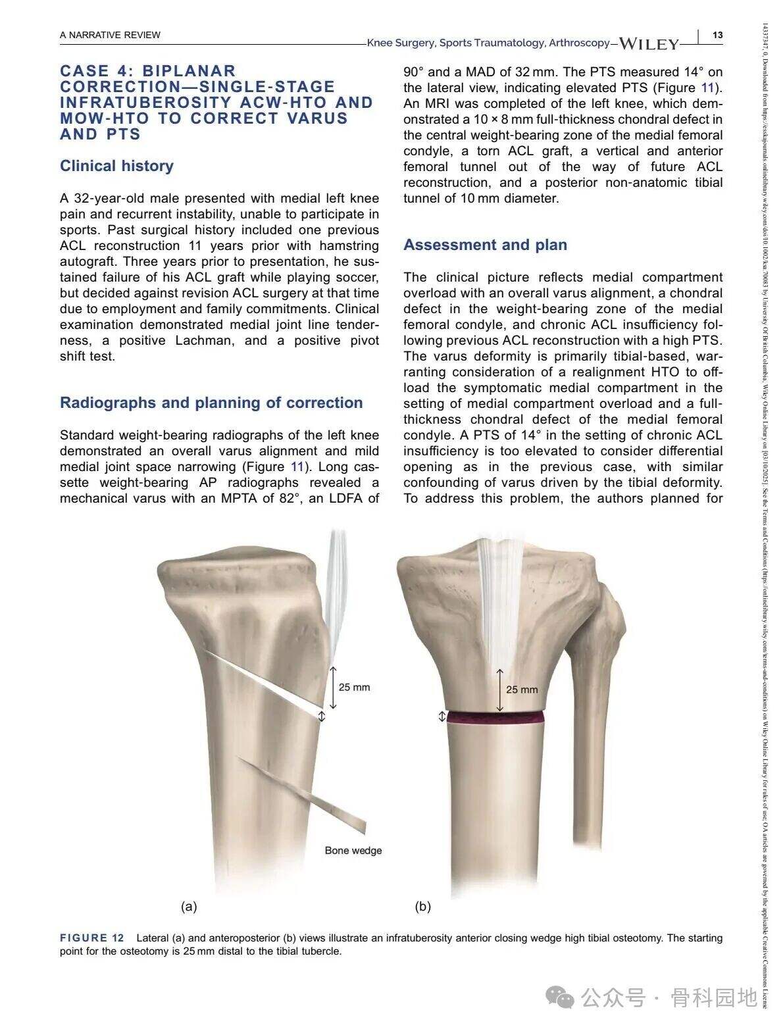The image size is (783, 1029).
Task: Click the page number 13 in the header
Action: (x=717, y=35)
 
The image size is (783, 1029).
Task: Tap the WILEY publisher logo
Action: (x=649, y=44)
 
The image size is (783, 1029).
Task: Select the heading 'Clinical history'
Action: (x=116, y=166)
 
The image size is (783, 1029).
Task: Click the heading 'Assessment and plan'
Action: (x=485, y=245)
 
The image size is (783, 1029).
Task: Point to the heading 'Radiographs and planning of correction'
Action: (x=211, y=403)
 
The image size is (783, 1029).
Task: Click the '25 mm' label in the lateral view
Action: (x=354, y=688)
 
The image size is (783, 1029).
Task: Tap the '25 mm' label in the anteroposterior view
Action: (x=522, y=690)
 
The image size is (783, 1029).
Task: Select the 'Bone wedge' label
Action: (x=353, y=851)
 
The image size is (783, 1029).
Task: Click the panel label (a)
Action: (x=189, y=907)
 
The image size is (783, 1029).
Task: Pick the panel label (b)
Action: (x=422, y=907)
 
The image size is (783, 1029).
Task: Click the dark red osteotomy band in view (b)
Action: (x=496, y=716)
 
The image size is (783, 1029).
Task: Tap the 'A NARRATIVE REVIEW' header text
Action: (x=110, y=35)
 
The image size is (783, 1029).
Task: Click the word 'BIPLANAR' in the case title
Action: (x=189, y=71)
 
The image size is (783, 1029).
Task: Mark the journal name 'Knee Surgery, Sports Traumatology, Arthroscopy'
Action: (x=488, y=43)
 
